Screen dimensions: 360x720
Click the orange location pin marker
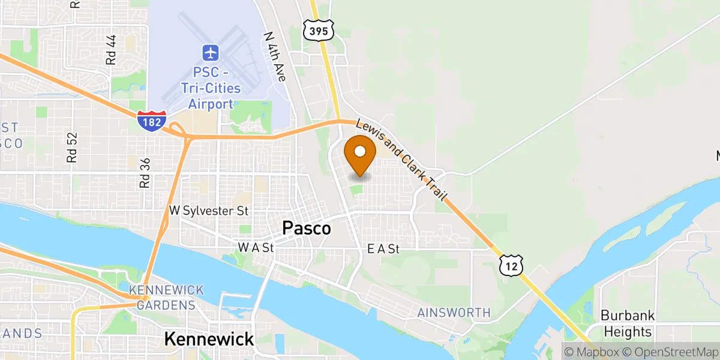point(360,153)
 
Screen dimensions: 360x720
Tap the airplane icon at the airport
point(211,53)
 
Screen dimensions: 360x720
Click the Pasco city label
point(306,229)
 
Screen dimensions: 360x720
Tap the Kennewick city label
point(209,339)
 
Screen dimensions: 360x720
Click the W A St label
point(256,247)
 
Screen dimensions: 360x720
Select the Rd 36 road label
point(144,173)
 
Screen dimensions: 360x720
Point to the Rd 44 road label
point(110,49)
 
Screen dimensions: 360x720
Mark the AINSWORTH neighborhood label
point(454,313)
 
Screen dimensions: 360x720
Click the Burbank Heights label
point(628,323)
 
